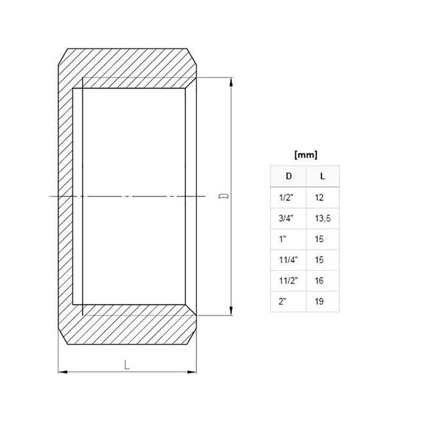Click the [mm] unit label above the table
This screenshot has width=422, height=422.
pos(306,155)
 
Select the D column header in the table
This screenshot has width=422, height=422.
pos(289,176)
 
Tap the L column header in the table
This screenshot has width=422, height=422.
pos(322,176)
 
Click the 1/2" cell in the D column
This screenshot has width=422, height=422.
pos(286,197)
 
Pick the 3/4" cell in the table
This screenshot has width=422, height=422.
pos(286,218)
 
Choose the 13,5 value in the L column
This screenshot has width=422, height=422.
pos(323,218)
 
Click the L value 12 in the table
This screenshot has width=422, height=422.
pos(319,197)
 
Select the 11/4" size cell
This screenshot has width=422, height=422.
pos(288,260)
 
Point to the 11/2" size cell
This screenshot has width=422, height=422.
pos(288,281)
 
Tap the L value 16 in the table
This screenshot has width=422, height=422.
pos(319,281)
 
